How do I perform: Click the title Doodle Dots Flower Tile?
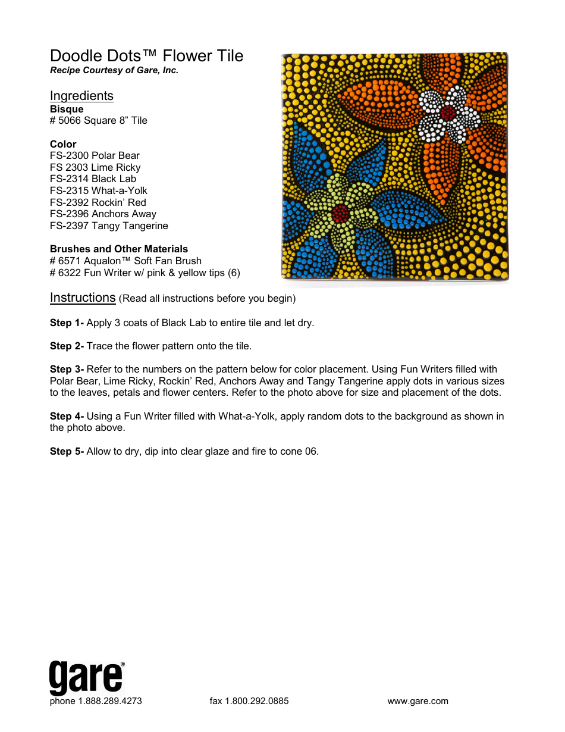(x=146, y=56)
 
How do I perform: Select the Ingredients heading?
(x=81, y=96)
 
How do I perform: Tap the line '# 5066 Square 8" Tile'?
(x=99, y=121)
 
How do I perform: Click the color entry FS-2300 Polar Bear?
(x=95, y=156)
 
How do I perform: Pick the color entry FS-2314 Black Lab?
(x=93, y=179)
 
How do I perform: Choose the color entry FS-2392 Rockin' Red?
(x=98, y=202)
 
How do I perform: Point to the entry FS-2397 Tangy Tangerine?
(x=109, y=226)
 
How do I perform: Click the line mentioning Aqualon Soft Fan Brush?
(x=125, y=261)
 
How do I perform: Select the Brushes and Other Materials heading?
(x=119, y=249)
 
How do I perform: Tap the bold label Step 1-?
(x=67, y=323)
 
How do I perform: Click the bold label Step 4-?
(x=67, y=417)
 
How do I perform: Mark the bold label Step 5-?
(x=67, y=452)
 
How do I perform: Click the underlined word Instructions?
(x=83, y=298)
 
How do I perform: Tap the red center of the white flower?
(x=448, y=112)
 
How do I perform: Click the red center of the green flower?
(x=340, y=212)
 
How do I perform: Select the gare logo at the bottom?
(x=87, y=677)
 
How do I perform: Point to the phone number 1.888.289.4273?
(x=110, y=701)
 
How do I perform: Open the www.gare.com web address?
(x=418, y=701)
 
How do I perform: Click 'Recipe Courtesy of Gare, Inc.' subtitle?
(x=114, y=70)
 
